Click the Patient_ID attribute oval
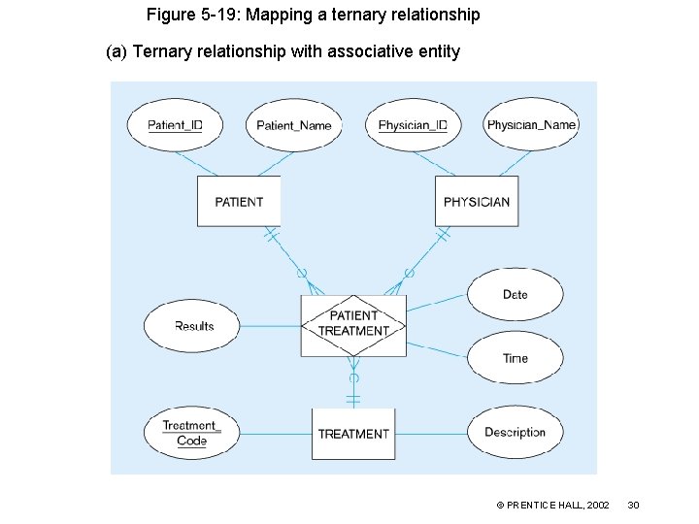click(175, 125)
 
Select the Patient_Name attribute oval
click(293, 125)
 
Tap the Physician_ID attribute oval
click(413, 125)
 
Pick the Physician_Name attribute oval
click(531, 125)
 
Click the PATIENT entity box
click(239, 202)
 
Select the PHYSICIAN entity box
click(476, 202)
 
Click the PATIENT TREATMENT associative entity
click(353, 323)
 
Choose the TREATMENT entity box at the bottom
click(353, 434)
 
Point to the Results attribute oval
click(193, 326)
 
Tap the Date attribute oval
click(515, 294)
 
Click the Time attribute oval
click(515, 358)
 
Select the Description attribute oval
click(515, 433)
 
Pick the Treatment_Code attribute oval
click(191, 434)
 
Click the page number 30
click(633, 506)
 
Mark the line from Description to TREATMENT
click(431, 434)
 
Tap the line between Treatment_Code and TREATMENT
click(276, 434)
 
